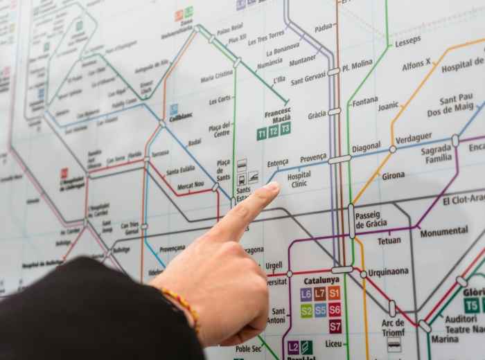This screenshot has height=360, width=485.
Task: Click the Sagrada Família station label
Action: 436,154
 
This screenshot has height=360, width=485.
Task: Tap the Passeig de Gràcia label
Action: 371,219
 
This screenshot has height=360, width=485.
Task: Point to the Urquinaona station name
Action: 388,272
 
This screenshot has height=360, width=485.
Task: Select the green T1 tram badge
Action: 262,132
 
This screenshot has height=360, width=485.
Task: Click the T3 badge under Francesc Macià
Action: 285,128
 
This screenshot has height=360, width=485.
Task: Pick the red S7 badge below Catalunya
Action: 335,325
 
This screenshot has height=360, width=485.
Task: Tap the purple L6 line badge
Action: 306,294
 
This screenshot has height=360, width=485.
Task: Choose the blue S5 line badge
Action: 320,310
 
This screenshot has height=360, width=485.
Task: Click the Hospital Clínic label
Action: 299,179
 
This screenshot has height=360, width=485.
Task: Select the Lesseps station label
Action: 407,42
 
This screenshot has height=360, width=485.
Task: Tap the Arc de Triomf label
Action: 393,327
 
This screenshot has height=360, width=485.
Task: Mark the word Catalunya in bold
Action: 321,280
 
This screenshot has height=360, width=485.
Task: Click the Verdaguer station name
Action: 414,138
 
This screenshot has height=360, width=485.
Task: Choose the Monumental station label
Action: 443,232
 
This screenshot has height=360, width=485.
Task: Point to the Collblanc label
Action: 181,117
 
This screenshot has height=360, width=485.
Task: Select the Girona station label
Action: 393,176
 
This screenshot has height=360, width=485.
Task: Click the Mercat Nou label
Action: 191,186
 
